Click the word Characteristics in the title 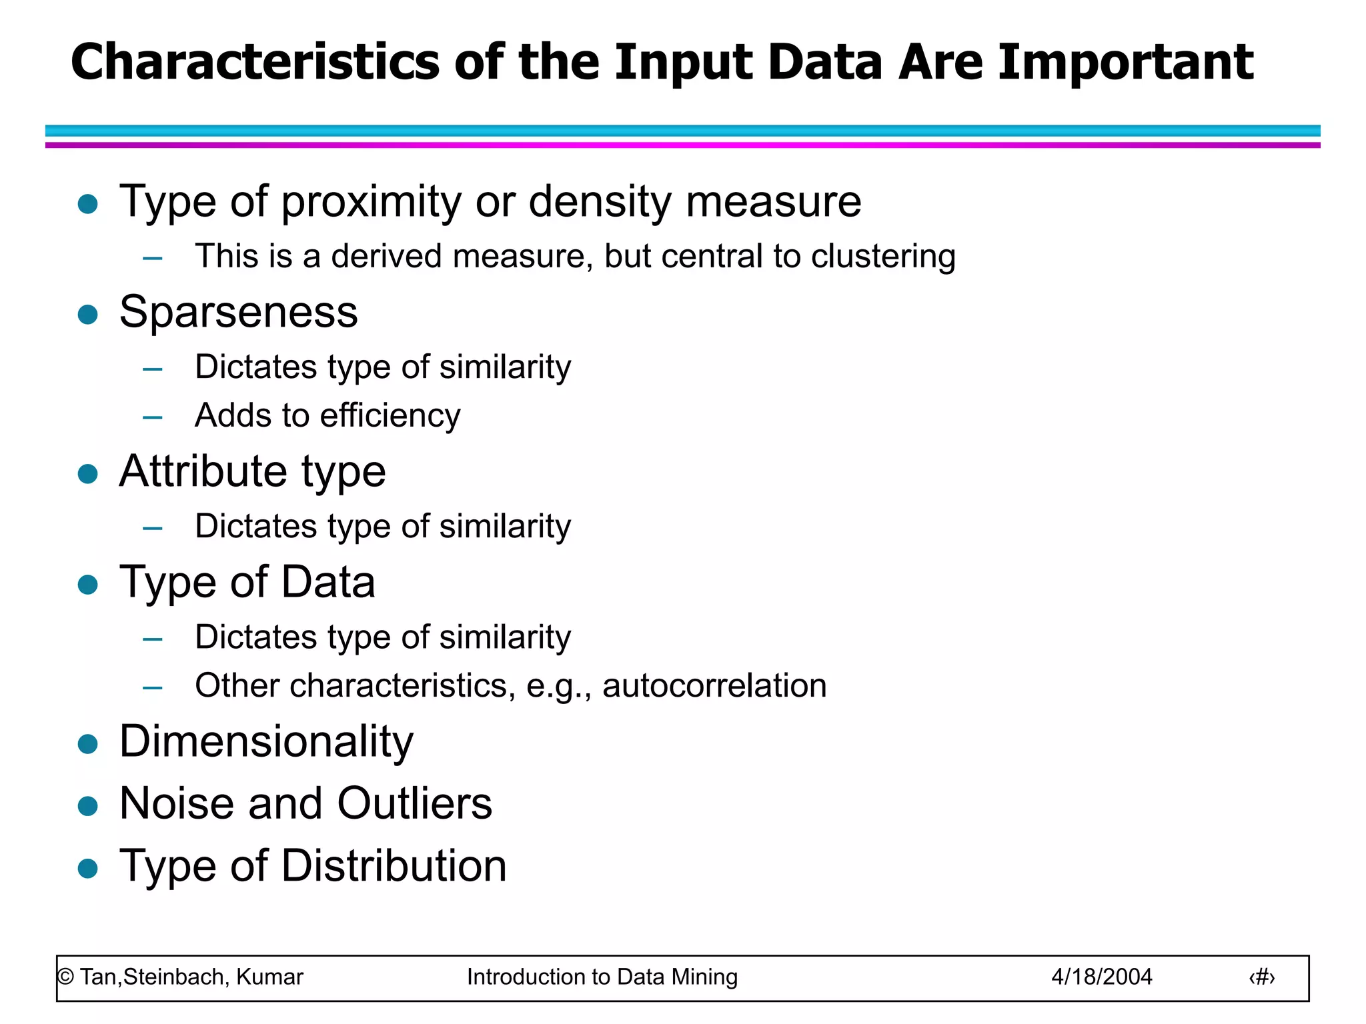pyautogui.click(x=255, y=62)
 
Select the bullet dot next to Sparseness pyautogui.click(x=88, y=314)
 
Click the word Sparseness pyautogui.click(x=238, y=312)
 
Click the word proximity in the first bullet pyautogui.click(x=372, y=202)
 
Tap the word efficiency pyautogui.click(x=390, y=416)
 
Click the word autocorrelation pyautogui.click(x=714, y=686)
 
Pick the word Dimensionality pyautogui.click(x=266, y=742)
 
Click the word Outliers pyautogui.click(x=414, y=803)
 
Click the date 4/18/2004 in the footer pyautogui.click(x=1101, y=977)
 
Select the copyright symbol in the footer pyautogui.click(x=65, y=977)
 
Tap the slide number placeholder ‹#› pyautogui.click(x=1261, y=978)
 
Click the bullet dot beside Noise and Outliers pyautogui.click(x=88, y=806)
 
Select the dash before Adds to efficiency pyautogui.click(x=153, y=418)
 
